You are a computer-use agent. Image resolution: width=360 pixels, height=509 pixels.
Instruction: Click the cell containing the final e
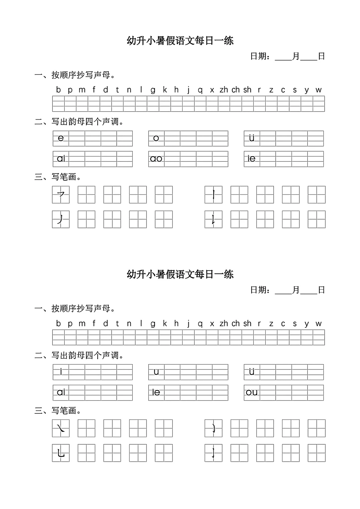pos(61,138)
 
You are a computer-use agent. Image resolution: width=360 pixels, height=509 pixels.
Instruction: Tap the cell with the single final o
pos(156,138)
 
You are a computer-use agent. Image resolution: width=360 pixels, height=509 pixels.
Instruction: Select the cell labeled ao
pos(156,159)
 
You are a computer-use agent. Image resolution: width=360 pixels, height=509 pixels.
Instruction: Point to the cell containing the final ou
pos(252,393)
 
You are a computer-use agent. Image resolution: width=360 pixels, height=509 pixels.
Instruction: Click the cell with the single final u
pos(156,372)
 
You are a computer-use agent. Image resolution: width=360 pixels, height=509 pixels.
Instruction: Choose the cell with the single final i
pos(61,372)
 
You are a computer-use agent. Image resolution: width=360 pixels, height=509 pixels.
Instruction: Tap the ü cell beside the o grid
pos(252,138)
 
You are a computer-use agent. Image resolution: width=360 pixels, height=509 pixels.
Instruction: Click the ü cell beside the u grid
pos(252,372)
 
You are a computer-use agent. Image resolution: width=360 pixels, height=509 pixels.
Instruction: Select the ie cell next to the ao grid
pos(252,159)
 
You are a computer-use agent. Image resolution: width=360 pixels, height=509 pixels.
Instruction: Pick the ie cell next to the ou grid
pos(156,393)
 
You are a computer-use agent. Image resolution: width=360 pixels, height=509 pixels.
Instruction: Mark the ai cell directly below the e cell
pos(61,159)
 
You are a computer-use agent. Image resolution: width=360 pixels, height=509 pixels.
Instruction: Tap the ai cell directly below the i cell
pos(61,393)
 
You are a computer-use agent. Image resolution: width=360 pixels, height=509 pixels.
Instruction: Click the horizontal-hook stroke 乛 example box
pos(61,195)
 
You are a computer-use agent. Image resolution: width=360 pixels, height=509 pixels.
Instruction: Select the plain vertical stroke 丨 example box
pos(213,195)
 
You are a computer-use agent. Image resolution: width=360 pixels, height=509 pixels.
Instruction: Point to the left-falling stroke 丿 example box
pos(61,219)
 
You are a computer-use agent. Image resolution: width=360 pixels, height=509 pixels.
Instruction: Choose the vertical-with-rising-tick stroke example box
pos(213,219)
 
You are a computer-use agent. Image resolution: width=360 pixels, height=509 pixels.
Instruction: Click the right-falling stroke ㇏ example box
pos(61,428)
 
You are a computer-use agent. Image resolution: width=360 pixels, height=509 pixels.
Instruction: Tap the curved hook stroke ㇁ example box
pos(213,428)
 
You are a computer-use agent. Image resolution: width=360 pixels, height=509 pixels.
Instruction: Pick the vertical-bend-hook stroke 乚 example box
pos(61,453)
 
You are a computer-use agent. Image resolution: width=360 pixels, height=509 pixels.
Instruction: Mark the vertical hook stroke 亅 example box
pos(213,453)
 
